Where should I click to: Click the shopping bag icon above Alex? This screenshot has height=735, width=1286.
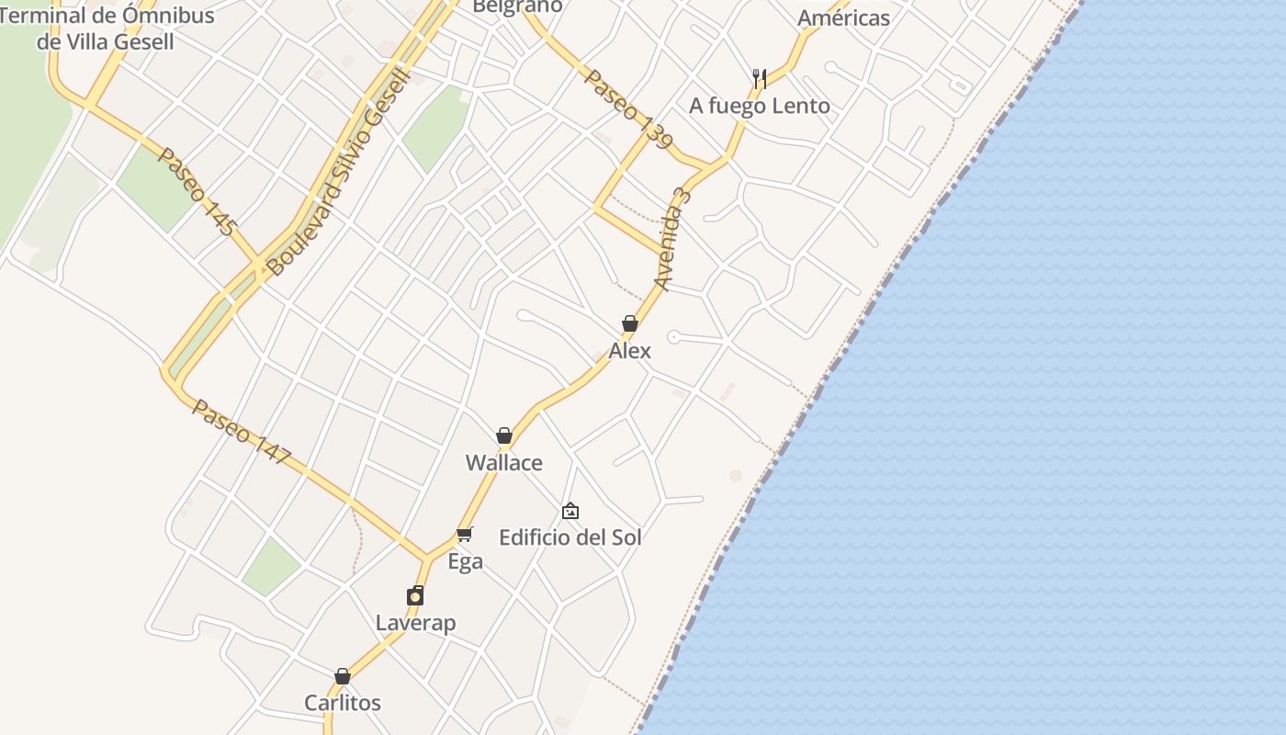tap(630, 323)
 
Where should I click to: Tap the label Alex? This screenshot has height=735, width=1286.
tap(630, 350)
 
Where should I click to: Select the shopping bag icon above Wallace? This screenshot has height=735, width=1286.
tap(503, 435)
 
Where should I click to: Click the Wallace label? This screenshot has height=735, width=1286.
tap(503, 462)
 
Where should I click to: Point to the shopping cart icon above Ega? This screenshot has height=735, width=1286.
tap(465, 534)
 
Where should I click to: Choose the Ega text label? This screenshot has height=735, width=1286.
tap(465, 561)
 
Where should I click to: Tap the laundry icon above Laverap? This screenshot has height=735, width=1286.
tap(415, 595)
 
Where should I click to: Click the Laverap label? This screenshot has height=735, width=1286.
tap(415, 623)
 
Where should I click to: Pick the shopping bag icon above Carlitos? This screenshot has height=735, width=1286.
tap(343, 676)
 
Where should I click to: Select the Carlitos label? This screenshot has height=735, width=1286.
tap(343, 703)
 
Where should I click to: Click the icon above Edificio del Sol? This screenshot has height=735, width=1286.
tap(570, 510)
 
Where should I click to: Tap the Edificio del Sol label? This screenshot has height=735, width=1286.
tap(570, 537)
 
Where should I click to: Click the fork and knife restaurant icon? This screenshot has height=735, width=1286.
tap(760, 79)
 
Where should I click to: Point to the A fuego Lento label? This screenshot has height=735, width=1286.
tap(760, 106)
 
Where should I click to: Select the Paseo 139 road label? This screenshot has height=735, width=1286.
tap(628, 108)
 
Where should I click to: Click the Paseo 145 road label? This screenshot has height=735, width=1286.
tap(197, 191)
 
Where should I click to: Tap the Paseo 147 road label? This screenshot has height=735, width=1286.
tap(241, 431)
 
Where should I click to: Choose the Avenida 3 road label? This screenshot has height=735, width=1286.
tap(671, 239)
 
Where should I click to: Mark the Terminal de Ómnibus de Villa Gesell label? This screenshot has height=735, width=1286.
tap(106, 28)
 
